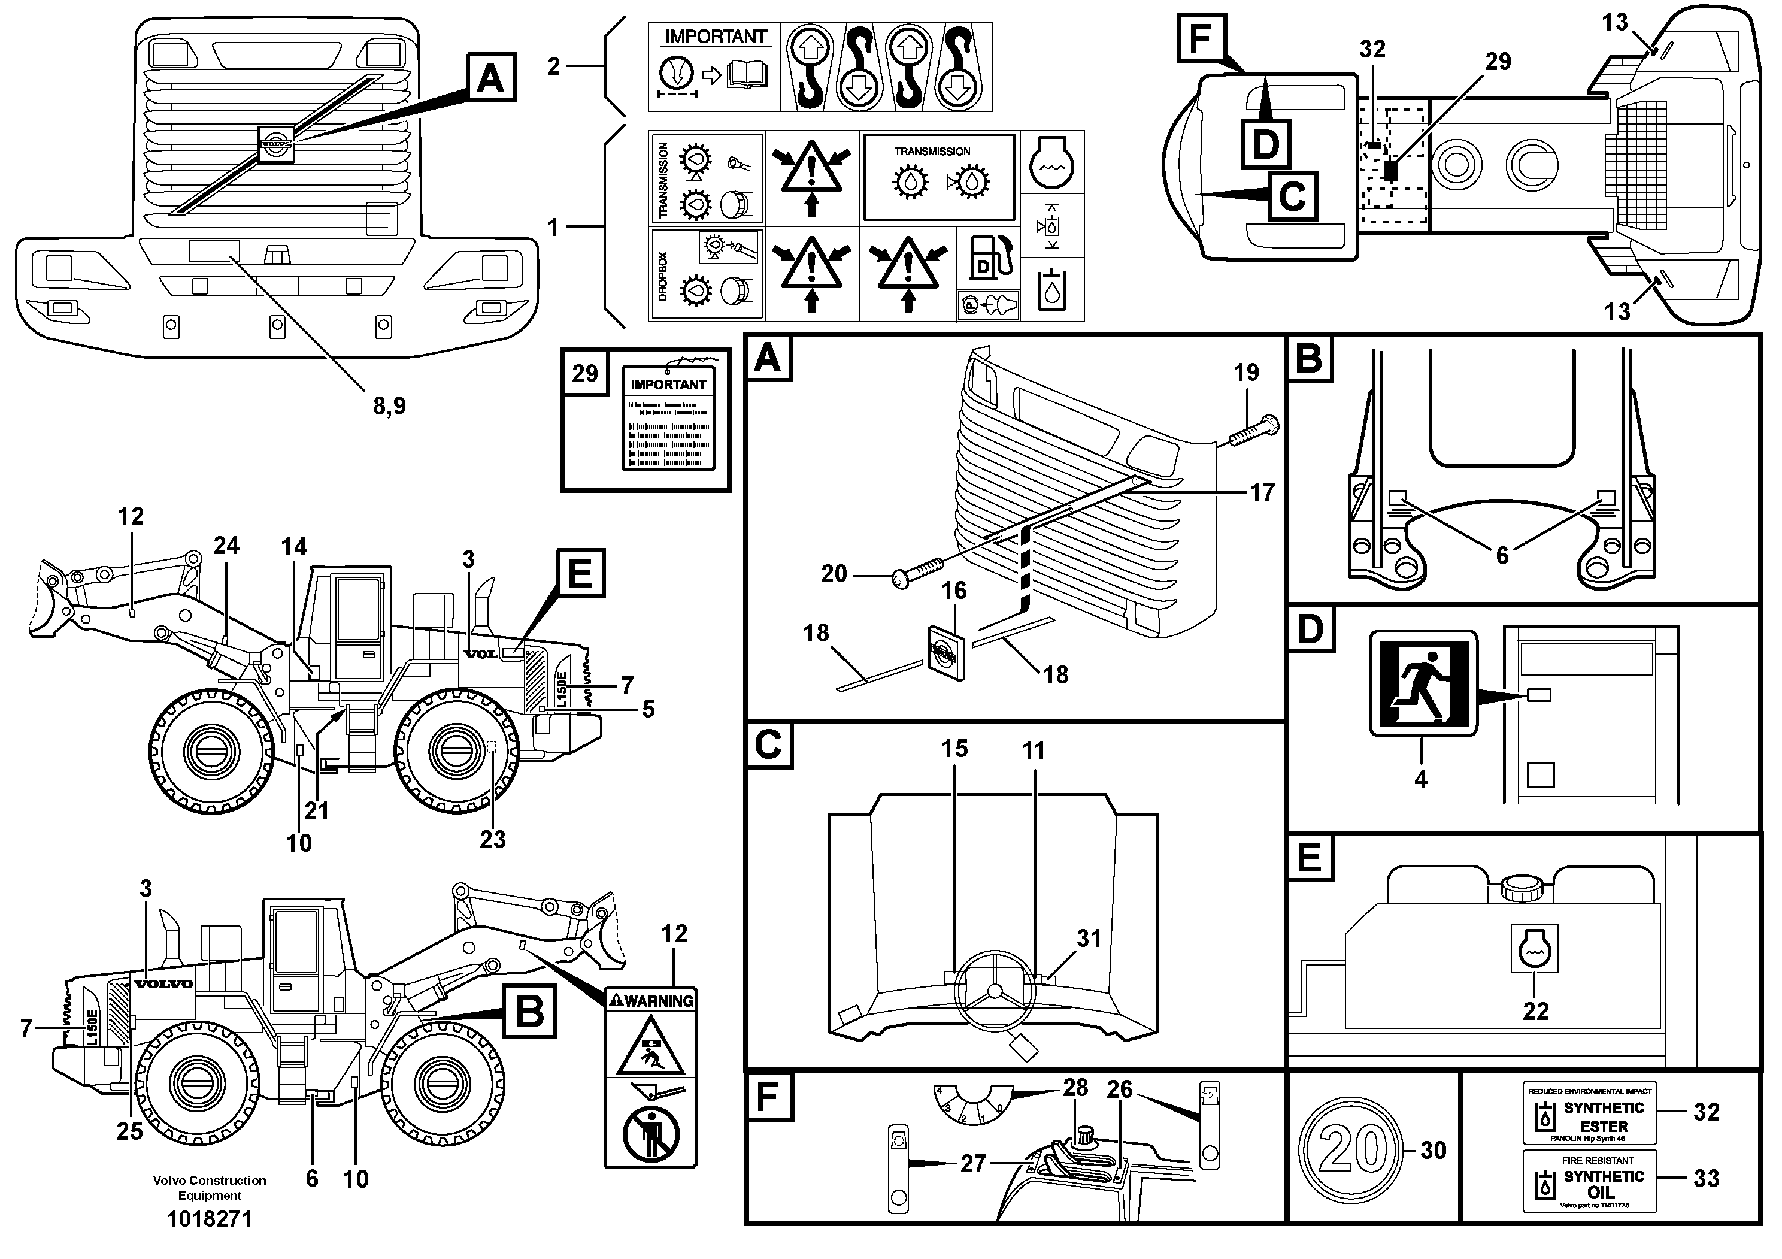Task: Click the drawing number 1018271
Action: (x=210, y=1219)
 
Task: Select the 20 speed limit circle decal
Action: (x=1353, y=1149)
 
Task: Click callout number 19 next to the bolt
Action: (x=1247, y=373)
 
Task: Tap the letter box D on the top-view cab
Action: (x=1266, y=144)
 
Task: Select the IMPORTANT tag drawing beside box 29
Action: (x=668, y=419)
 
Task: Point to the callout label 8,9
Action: (x=389, y=406)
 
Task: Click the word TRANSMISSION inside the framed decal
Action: (x=932, y=152)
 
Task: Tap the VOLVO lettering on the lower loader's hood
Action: (x=163, y=984)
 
